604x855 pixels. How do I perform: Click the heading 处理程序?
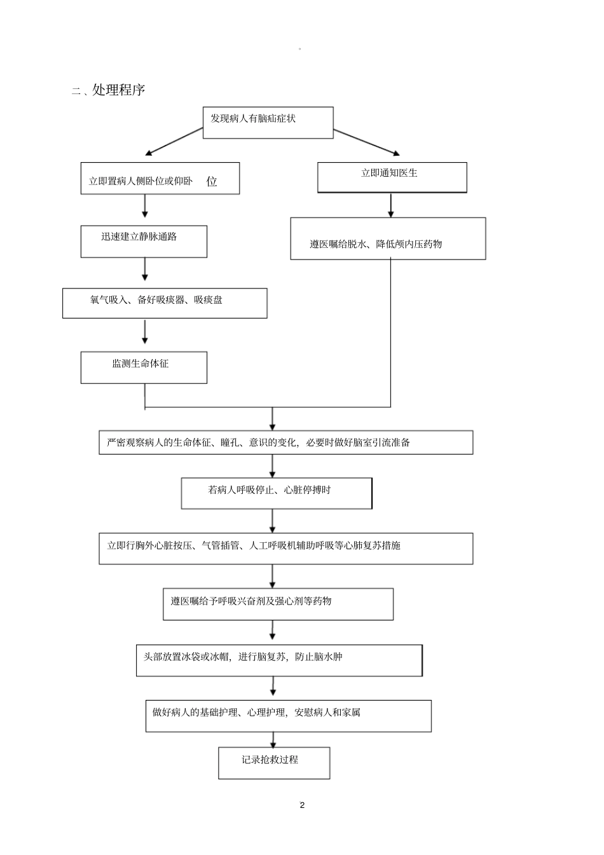tap(118, 90)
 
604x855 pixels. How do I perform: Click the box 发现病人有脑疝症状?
tap(268, 122)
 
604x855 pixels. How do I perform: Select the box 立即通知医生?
tap(392, 177)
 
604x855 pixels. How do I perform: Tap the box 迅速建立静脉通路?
tap(144, 241)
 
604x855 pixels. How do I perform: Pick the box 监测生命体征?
tap(144, 367)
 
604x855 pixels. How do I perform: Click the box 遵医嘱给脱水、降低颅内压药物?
tap(388, 239)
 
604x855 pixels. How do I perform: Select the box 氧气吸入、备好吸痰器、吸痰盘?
tap(164, 303)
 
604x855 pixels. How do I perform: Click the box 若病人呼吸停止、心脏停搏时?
tap(276, 493)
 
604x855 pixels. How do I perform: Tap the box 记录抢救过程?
tap(274, 763)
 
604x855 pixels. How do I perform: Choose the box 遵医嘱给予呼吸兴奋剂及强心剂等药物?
tap(278, 604)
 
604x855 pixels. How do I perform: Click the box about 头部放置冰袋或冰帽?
tap(278, 660)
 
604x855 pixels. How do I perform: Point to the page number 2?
tap(302, 805)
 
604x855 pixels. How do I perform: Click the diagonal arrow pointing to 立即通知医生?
tap(367, 142)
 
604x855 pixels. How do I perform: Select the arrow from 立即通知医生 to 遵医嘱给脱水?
tap(390, 205)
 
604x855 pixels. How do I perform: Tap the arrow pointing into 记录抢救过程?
tap(273, 739)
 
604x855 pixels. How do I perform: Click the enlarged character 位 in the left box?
tap(212, 182)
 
